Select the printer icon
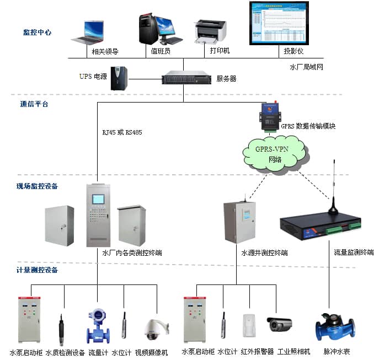(210, 32)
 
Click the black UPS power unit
(119, 78)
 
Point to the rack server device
(186, 78)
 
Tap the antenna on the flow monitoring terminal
(333, 187)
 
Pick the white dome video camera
(152, 329)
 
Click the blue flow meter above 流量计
(98, 326)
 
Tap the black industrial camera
(280, 324)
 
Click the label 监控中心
(38, 33)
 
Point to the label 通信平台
(34, 104)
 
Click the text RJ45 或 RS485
(122, 132)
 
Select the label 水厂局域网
(306, 67)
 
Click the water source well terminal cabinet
(239, 222)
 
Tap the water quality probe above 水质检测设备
(60, 330)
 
